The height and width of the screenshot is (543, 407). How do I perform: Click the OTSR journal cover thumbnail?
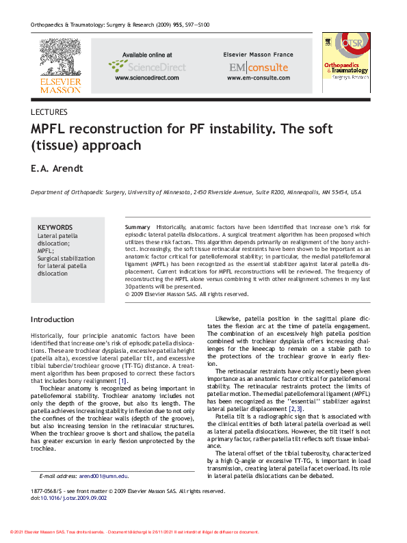click(x=346, y=64)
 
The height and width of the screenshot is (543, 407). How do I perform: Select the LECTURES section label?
click(x=49, y=112)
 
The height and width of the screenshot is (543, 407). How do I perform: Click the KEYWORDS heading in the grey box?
click(x=55, y=228)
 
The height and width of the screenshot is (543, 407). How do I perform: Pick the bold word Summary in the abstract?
click(x=137, y=226)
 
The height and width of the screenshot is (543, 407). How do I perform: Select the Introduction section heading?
click(x=53, y=319)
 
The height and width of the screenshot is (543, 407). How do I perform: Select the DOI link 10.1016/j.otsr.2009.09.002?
click(x=74, y=499)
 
